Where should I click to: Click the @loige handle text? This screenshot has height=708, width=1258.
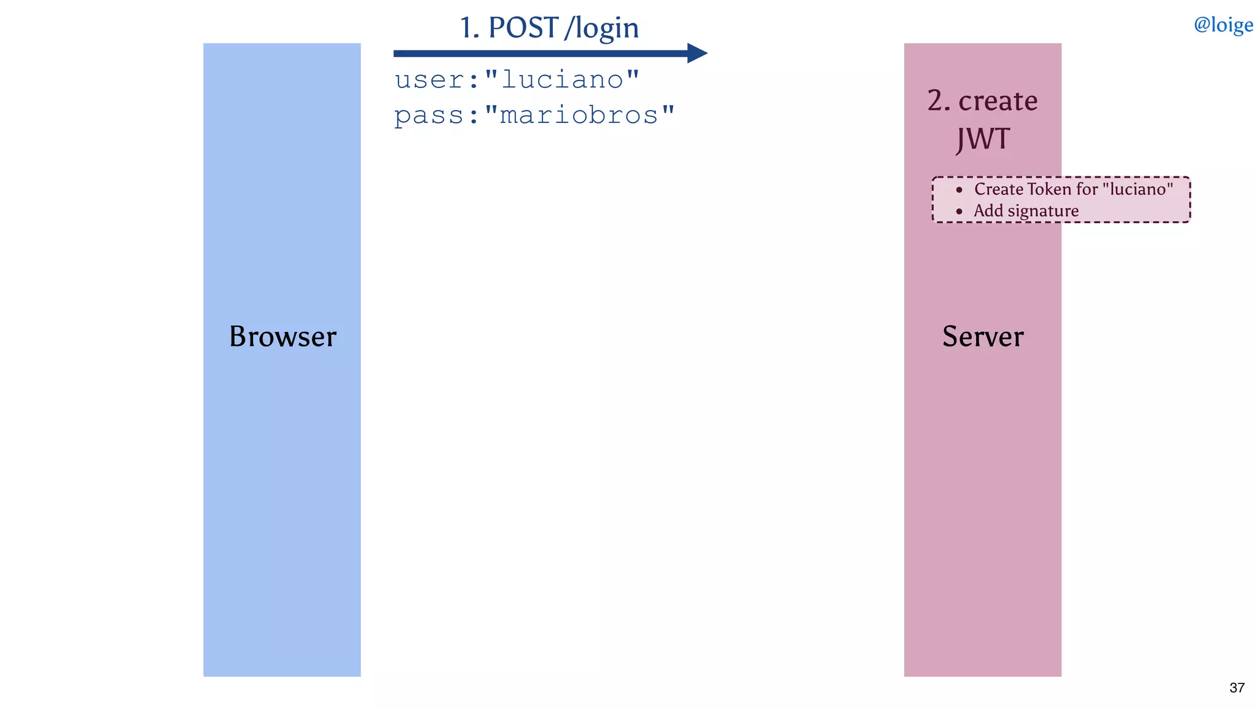pyautogui.click(x=1223, y=25)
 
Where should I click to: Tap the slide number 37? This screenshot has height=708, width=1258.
pyautogui.click(x=1237, y=688)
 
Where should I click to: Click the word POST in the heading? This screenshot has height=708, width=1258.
pyautogui.click(x=523, y=28)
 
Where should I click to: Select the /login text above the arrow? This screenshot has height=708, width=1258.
pyautogui.click(x=602, y=28)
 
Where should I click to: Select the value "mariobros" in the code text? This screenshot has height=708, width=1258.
pyautogui.click(x=579, y=115)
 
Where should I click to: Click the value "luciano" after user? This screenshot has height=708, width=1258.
pyautogui.click(x=562, y=80)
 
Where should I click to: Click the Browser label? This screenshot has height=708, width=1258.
pyautogui.click(x=283, y=336)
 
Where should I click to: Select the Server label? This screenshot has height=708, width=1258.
pyautogui.click(x=983, y=336)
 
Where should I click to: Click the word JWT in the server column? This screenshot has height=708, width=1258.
pyautogui.click(x=983, y=139)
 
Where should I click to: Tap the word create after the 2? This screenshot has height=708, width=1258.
pyautogui.click(x=998, y=100)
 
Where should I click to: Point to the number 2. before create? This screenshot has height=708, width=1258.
pyautogui.click(x=939, y=100)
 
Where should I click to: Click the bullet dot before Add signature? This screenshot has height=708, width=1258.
pyautogui.click(x=959, y=211)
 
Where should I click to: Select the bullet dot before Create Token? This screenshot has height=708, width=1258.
pyautogui.click(x=959, y=190)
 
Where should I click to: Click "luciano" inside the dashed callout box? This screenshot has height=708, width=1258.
pyautogui.click(x=1138, y=189)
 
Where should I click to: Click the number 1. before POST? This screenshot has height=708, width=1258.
pyautogui.click(x=469, y=28)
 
